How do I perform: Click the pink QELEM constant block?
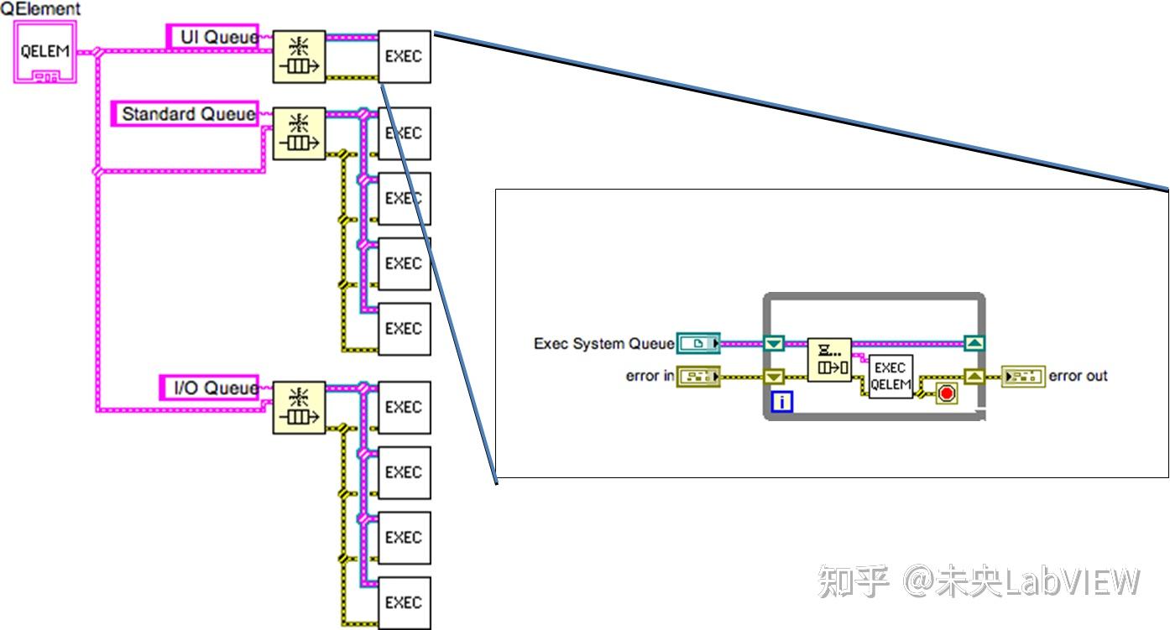coord(44,52)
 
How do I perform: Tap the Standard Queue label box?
coord(185,114)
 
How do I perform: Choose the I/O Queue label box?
coord(210,388)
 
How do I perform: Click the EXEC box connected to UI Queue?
coord(404,57)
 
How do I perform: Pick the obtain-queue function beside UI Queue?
coord(299,57)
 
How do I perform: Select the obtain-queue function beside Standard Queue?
coord(299,133)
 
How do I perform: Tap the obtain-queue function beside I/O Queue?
coord(299,407)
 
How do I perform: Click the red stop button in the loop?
coord(946,393)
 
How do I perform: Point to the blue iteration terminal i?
coord(781,403)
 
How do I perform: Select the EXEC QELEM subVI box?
coord(890,377)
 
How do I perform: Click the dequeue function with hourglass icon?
coord(829,359)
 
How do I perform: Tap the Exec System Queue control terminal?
coord(697,343)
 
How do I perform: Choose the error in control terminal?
coord(697,377)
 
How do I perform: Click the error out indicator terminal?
coord(1023,377)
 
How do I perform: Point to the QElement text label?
coord(40,8)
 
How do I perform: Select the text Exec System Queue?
coord(603,344)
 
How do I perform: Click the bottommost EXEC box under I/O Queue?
coord(404,602)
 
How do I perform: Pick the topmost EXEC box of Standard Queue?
coord(404,133)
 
